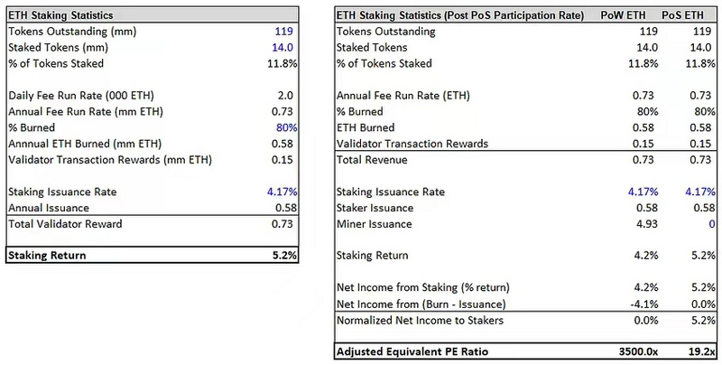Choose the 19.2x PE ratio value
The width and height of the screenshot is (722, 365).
699,351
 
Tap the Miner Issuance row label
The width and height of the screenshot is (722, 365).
375,223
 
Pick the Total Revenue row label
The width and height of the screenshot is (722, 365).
371,160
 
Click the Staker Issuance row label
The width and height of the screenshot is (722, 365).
375,208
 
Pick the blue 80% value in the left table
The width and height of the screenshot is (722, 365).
286,127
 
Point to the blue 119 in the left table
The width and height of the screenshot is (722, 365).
286,32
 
